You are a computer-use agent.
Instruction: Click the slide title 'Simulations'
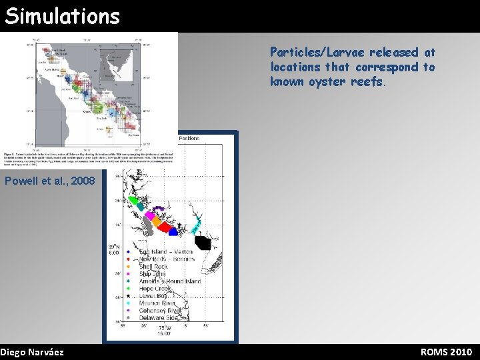62,15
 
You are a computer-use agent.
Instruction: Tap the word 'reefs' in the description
368,81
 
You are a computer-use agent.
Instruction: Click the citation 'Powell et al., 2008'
50,181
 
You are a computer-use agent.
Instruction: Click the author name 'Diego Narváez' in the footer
32,351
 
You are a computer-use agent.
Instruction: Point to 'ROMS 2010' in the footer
446,351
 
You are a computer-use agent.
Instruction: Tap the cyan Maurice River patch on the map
197,227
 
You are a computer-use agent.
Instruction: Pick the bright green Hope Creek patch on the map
133,200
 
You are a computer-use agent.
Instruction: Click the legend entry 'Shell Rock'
153,267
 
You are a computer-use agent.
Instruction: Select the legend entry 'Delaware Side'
161,318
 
